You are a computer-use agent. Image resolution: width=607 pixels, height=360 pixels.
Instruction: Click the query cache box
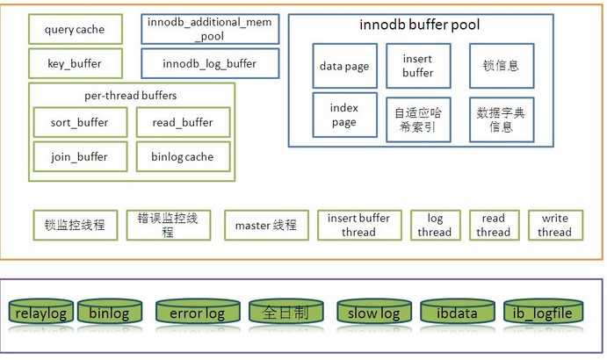[74, 30]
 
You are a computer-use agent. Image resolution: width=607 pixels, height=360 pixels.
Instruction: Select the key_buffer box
[74, 64]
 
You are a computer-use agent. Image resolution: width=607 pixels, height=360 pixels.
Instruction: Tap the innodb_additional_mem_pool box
[210, 30]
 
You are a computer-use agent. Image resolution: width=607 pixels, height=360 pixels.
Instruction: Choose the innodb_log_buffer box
[210, 64]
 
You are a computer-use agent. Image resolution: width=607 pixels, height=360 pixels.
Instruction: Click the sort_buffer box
[80, 123]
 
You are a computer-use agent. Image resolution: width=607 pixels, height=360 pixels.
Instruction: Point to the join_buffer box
[80, 157]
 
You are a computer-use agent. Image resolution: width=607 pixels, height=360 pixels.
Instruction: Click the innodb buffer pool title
[419, 25]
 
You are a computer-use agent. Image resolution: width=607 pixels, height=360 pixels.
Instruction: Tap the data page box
[344, 66]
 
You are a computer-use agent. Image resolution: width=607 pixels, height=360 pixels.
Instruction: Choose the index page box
[344, 115]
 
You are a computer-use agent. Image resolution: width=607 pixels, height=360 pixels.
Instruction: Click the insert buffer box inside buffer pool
[418, 66]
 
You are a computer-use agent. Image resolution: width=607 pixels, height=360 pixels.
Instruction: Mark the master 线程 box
[265, 226]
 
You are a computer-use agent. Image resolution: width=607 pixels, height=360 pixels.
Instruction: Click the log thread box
[434, 225]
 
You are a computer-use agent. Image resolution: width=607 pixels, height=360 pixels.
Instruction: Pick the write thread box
[554, 225]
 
